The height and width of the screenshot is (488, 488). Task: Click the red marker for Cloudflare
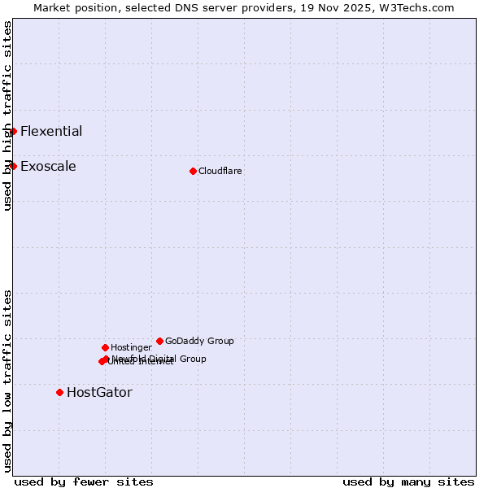coord(193,171)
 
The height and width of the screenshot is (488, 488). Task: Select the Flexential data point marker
coord(13,131)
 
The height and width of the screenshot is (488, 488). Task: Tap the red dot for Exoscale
coord(13,166)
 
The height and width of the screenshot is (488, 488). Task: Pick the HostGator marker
coord(59,392)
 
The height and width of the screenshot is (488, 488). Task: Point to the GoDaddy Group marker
coord(159,341)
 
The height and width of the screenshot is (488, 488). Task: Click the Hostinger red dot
coord(105,347)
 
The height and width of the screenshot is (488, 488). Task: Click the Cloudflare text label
coord(220,172)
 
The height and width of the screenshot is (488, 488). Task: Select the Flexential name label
coord(51,131)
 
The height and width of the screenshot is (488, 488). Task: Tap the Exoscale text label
coord(48,167)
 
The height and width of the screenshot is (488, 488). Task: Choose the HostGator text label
coord(99,393)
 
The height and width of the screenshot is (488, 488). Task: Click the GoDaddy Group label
coord(199,342)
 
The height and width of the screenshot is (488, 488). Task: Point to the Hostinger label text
coord(131,348)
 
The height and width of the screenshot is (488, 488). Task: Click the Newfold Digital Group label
coord(159,358)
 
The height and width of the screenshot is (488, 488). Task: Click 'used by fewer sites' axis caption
coord(84,482)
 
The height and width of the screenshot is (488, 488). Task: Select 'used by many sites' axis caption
coord(408,482)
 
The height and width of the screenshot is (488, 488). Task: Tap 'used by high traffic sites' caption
coord(7,116)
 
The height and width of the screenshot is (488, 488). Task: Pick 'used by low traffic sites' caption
coord(7,381)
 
